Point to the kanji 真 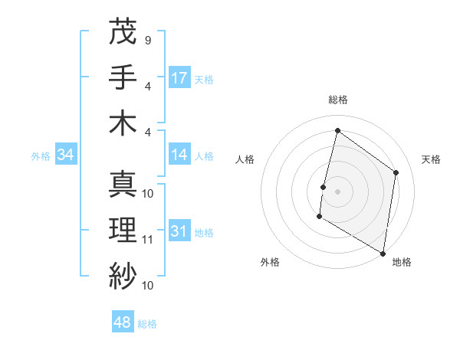pos(123,184)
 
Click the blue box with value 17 pos(179,77)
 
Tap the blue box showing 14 pos(179,155)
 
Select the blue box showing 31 pos(179,231)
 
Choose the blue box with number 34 pos(66,155)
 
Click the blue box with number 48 pos(123,322)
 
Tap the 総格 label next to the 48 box pos(147,324)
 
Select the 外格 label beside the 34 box pos(41,156)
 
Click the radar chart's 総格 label pos(337,100)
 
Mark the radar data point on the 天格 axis pos(396,172)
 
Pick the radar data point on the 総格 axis pos(337,130)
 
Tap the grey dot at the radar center pos(337,191)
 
